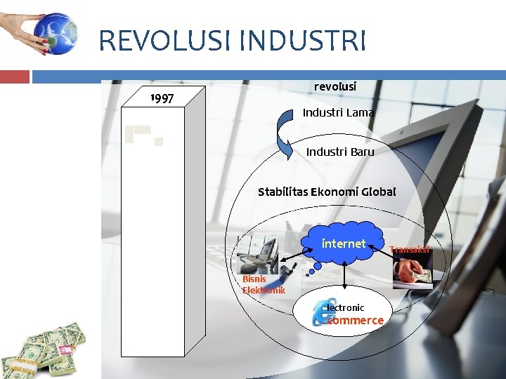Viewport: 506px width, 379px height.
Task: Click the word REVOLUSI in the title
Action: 165,41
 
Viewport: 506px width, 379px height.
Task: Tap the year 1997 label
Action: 162,98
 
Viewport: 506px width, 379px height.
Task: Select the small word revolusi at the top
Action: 335,86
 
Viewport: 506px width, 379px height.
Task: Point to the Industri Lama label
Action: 338,112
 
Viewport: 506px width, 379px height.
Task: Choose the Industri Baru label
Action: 340,152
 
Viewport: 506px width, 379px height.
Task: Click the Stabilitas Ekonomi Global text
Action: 327,192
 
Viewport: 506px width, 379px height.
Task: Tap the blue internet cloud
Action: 344,244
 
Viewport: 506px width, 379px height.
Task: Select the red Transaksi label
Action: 410,249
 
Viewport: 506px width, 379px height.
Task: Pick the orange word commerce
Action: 356,321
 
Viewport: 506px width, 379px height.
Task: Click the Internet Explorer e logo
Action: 323,314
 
